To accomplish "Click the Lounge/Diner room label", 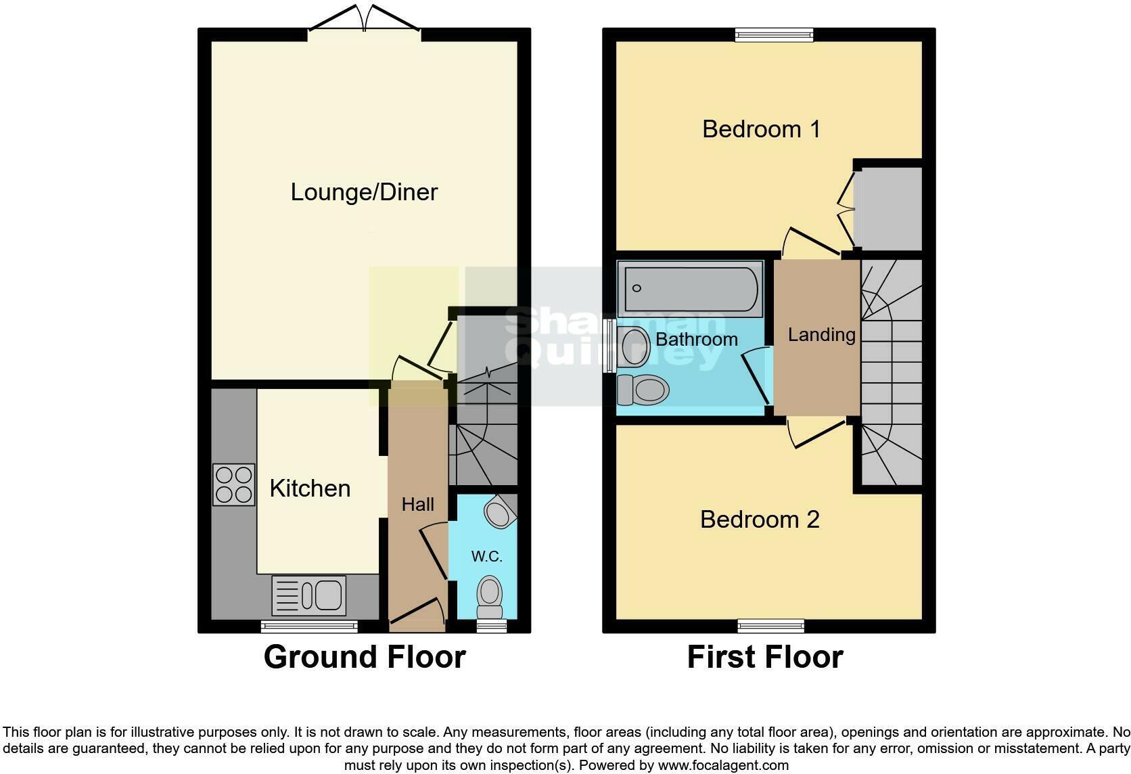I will tap(364, 192).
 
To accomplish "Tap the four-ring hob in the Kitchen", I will tap(234, 484).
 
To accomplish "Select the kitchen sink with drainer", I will tap(309, 595).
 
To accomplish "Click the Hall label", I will tap(417, 504).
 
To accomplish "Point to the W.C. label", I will tap(486, 557).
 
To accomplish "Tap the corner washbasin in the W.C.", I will tap(500, 512).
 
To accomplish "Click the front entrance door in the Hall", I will tap(417, 612).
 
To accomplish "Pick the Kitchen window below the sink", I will tap(309, 627).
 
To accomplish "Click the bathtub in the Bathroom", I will tap(691, 289).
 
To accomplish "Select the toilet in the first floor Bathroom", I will tap(644, 390).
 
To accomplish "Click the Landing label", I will tap(821, 334).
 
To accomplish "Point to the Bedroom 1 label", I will tap(761, 129).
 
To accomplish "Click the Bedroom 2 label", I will tap(760, 519).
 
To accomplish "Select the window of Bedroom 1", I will tap(774, 35).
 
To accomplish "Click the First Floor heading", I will tap(764, 657).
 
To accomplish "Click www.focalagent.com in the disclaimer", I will tap(723, 765).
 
